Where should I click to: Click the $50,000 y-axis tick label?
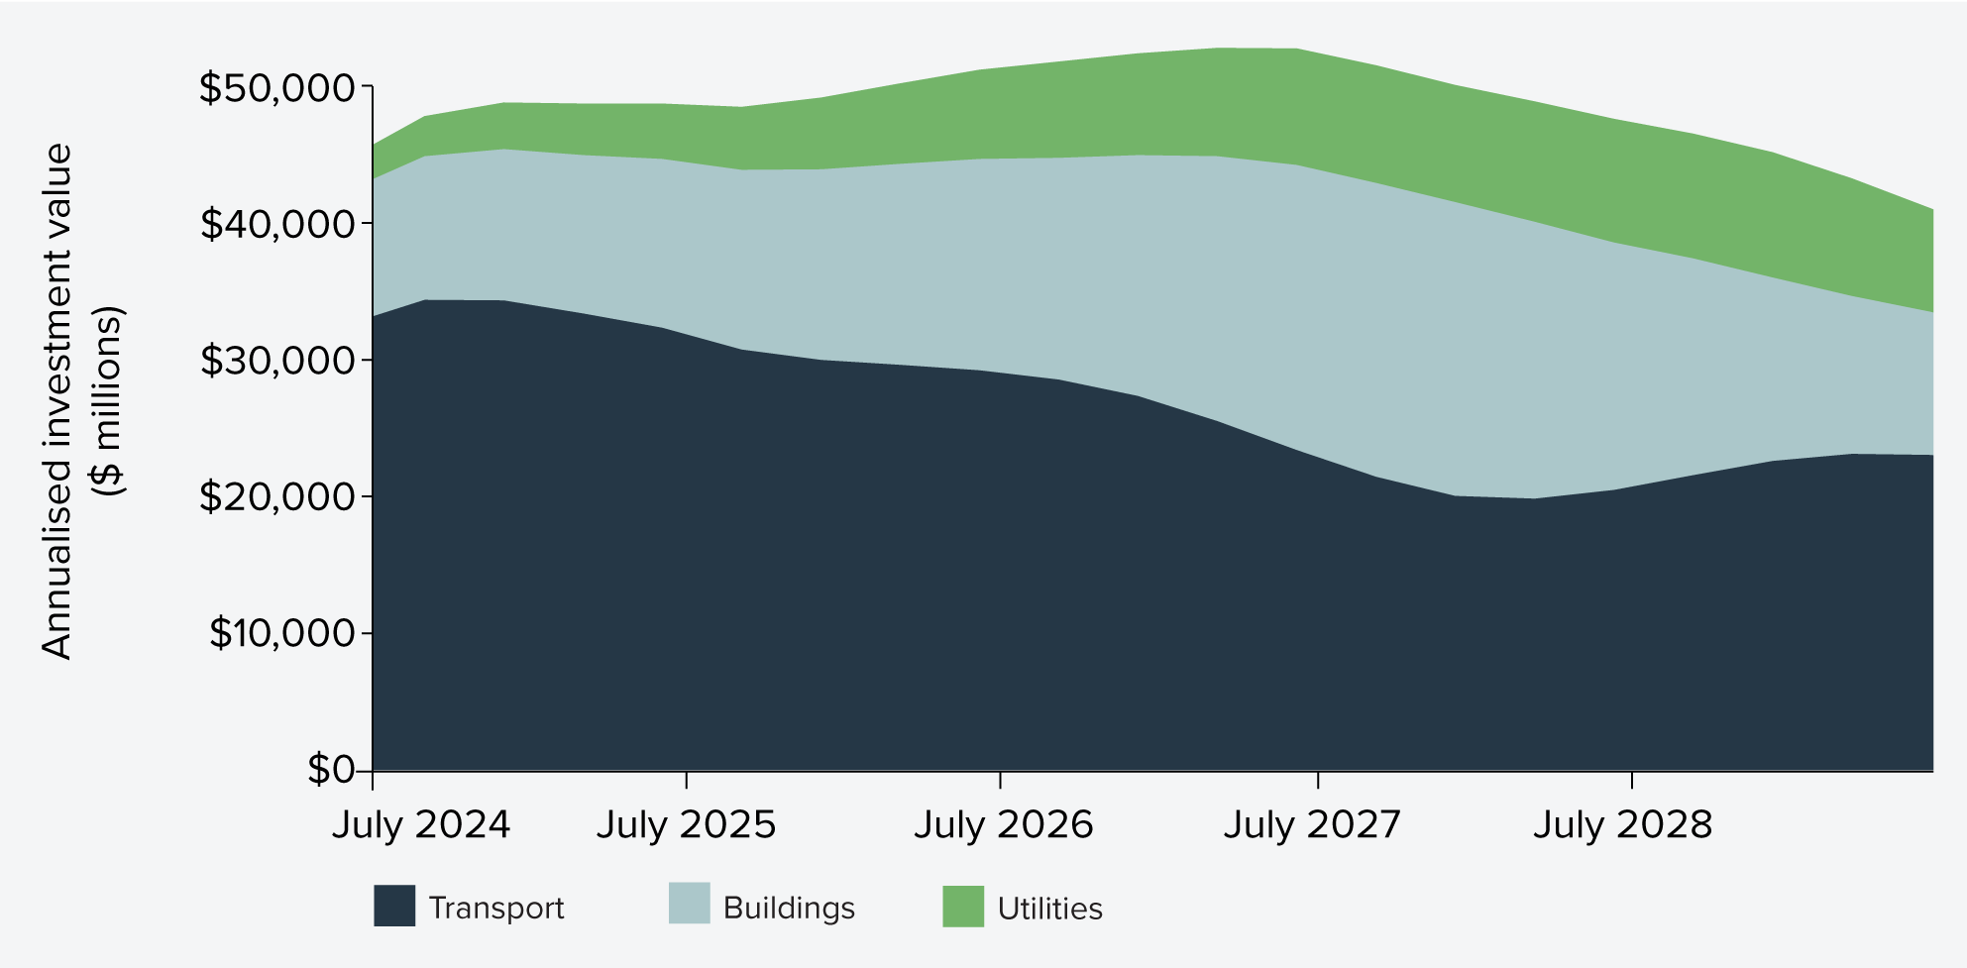276,88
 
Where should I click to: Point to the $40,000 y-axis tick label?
276,224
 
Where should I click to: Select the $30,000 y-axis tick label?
276,361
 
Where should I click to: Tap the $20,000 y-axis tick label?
276,496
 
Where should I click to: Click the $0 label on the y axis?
330,769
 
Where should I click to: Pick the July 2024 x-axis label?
420,824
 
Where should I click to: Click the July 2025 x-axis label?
686,824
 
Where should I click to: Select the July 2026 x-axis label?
1003,824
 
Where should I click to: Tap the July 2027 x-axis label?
1312,824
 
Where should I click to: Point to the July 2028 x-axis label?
1622,824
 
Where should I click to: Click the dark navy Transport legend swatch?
394,906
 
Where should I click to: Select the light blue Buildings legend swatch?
689,904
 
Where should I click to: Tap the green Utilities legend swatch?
963,906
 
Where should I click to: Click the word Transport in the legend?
495,908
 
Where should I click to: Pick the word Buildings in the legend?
789,908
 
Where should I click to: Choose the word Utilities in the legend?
1049,908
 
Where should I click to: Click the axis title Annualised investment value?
57,401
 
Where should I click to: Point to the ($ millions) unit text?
107,401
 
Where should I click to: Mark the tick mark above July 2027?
1318,780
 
